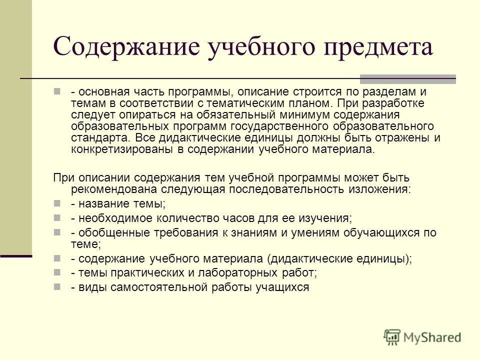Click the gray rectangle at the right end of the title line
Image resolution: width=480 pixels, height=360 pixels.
(408, 78)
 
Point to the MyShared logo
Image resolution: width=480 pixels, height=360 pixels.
(422, 336)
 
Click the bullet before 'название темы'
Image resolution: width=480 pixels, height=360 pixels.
(57, 204)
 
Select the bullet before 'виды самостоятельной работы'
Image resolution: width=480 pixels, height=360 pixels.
(57, 287)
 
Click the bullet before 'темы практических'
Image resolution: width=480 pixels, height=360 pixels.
(57, 273)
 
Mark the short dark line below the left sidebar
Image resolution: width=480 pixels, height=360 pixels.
(16, 256)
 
